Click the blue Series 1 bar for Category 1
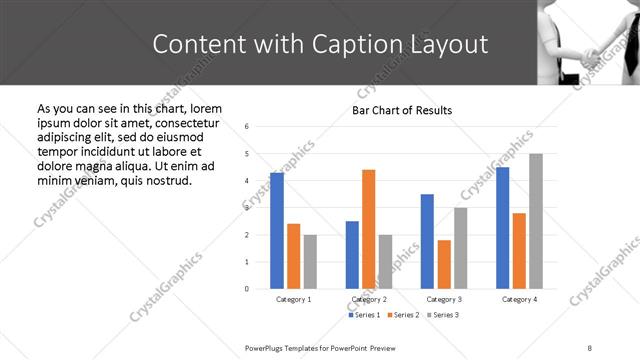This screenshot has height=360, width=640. tap(277, 231)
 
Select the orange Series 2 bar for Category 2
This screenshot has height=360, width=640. tap(368, 229)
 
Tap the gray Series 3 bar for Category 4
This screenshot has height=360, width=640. tap(536, 221)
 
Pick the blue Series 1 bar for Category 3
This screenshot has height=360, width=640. tap(427, 241)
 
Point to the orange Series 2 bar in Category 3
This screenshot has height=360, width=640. tap(444, 264)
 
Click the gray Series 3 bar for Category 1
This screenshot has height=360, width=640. tap(310, 262)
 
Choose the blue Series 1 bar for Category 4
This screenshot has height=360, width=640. tap(502, 228)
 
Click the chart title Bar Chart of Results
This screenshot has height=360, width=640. tap(402, 110)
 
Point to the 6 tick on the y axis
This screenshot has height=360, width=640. tap(247, 126)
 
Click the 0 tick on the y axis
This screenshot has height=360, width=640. tap(247, 289)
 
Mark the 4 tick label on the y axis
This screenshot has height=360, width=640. tap(247, 181)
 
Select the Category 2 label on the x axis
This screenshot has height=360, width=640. tap(369, 299)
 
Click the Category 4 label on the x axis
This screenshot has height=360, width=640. tap(519, 299)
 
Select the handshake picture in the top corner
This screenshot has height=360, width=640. tap(590, 40)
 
